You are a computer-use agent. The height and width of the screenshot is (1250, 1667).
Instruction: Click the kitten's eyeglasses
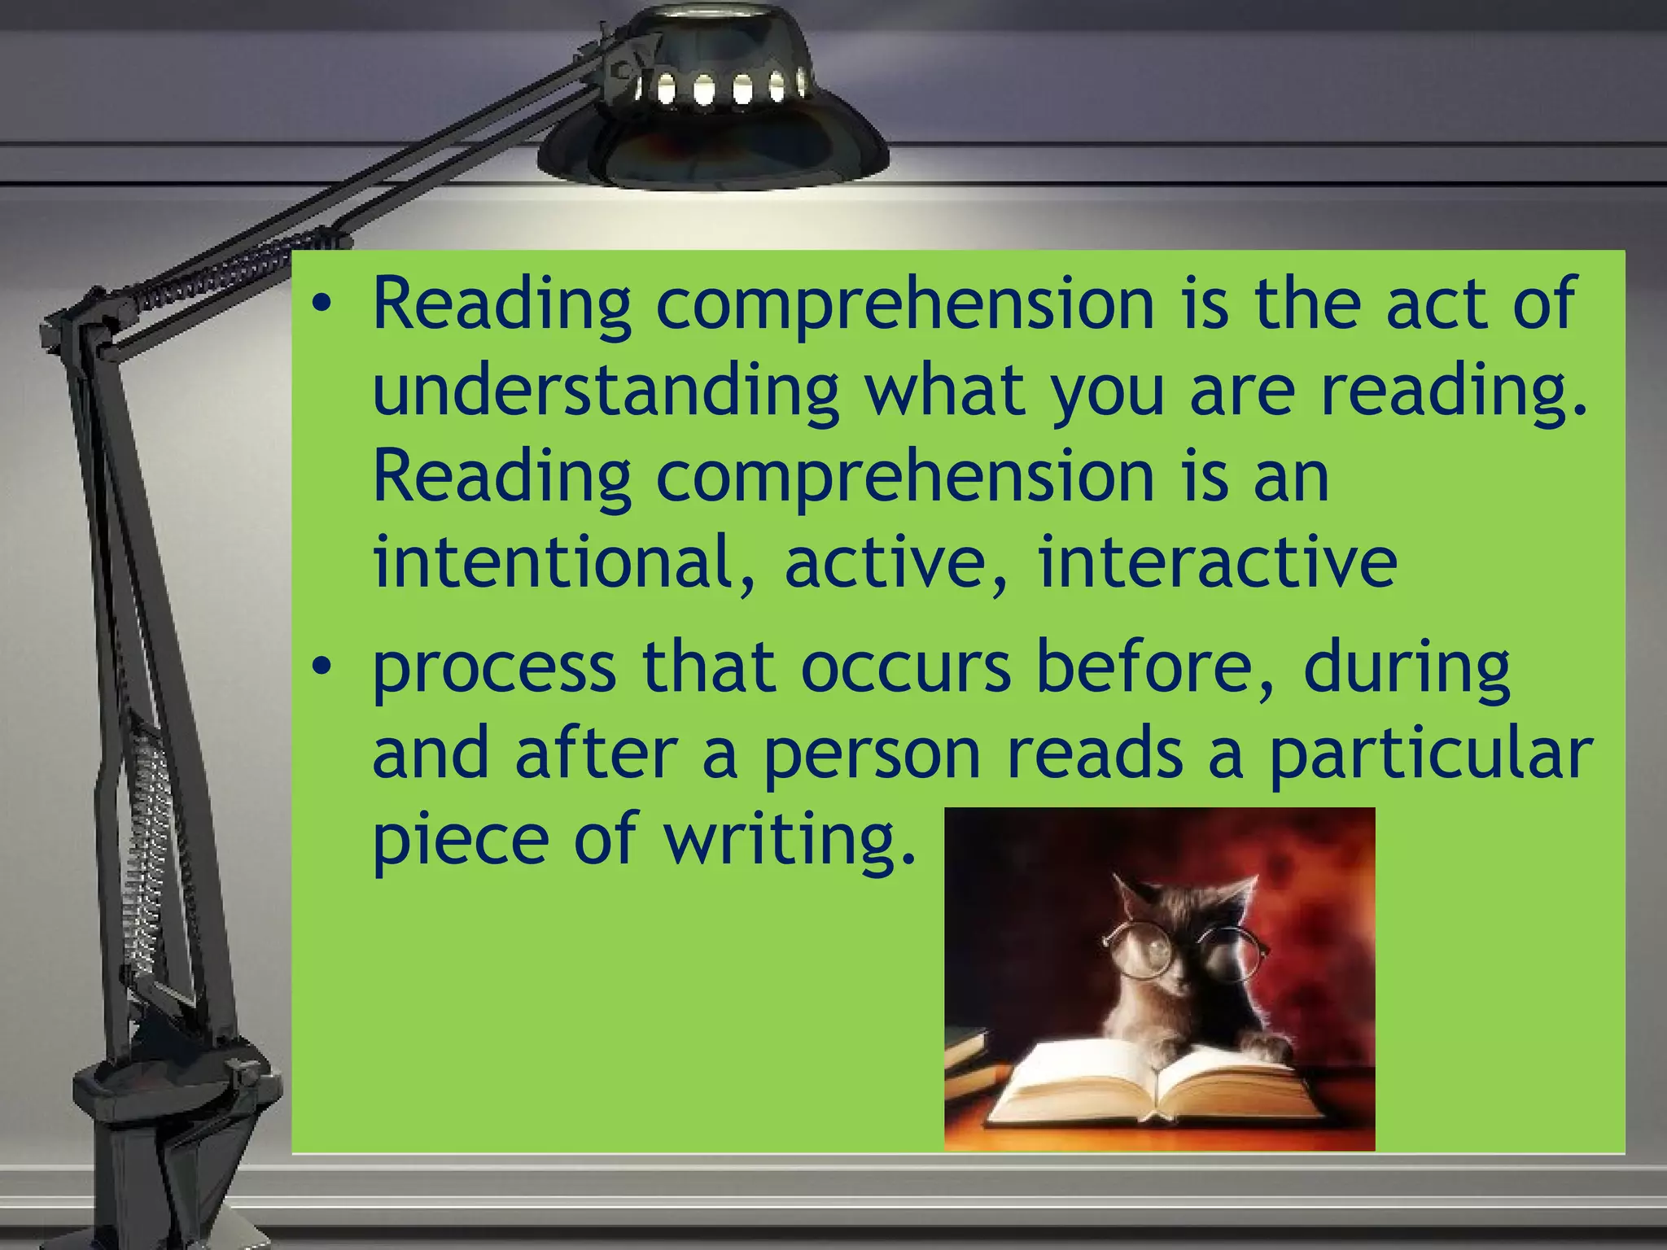[x=1184, y=948]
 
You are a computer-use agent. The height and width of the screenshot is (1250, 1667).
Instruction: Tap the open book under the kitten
[x=1156, y=1086]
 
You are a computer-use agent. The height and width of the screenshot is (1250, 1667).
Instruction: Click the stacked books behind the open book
[x=967, y=1058]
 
